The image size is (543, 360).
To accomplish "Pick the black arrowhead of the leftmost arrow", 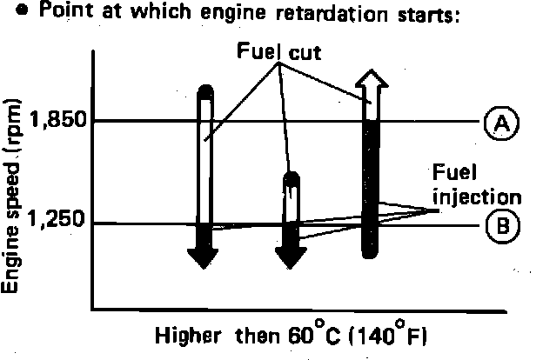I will pyautogui.click(x=204, y=257).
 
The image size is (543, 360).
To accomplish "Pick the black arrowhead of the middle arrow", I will pyautogui.click(x=292, y=257).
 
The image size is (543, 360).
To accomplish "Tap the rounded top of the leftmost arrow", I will pyautogui.click(x=204, y=90).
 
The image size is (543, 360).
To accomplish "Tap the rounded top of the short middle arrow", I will pyautogui.click(x=292, y=178).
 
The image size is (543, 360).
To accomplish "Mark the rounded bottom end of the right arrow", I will pyautogui.click(x=372, y=251).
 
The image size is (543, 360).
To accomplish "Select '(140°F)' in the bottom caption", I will pyautogui.click(x=391, y=335).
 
